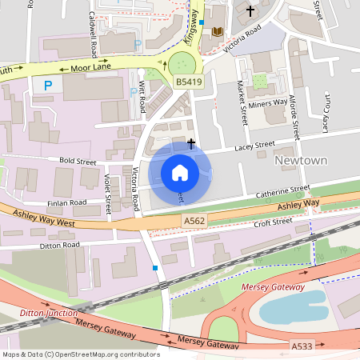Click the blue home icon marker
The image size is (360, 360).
click(x=180, y=172)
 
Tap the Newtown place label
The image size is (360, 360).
click(x=302, y=161)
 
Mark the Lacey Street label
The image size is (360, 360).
click(x=254, y=146)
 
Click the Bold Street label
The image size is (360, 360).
click(x=77, y=161)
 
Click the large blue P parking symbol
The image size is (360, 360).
click(x=48, y=84)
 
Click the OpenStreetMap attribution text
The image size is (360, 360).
click(x=80, y=354)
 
